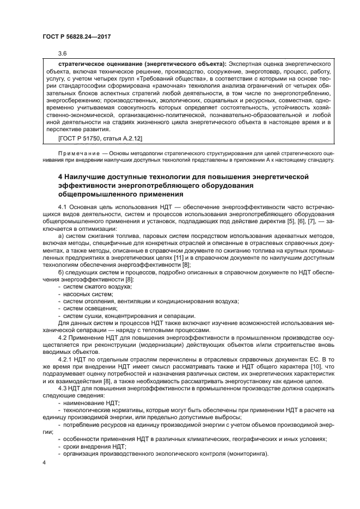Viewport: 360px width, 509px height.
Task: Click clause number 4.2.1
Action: (65, 359)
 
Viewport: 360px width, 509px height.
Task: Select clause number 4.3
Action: (62, 387)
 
